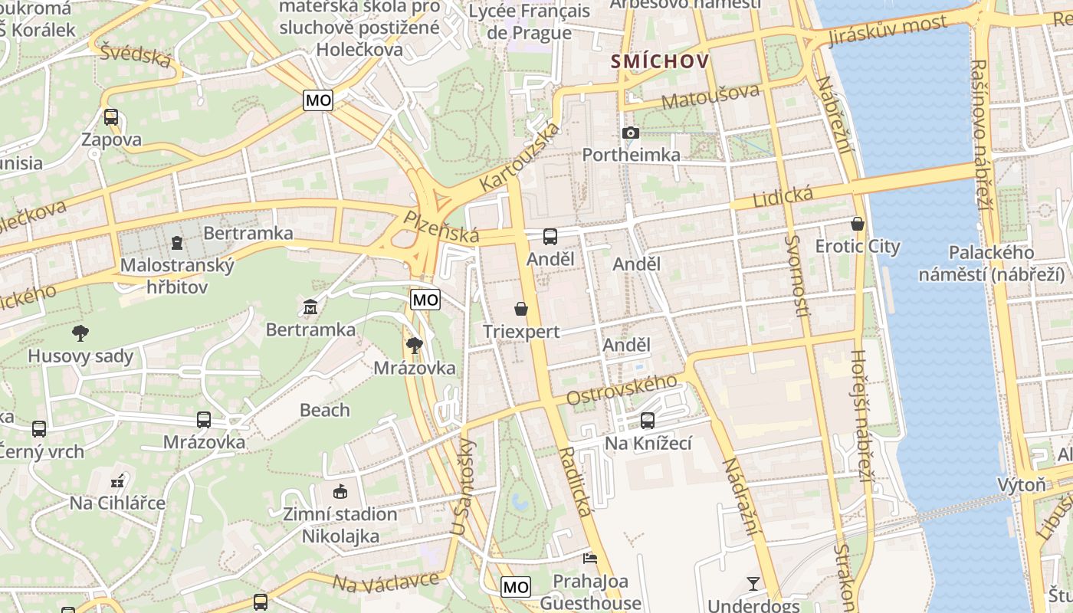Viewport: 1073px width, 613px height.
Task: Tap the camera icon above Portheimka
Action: (x=630, y=133)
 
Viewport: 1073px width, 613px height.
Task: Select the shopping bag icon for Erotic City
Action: (x=857, y=224)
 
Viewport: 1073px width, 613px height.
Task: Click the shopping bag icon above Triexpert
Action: (x=521, y=309)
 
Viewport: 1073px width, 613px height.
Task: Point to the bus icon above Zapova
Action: (x=111, y=117)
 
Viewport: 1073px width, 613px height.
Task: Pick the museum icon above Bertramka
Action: (x=310, y=307)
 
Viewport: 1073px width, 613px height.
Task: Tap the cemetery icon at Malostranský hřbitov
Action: (x=178, y=244)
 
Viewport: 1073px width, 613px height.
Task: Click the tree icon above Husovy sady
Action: (x=80, y=333)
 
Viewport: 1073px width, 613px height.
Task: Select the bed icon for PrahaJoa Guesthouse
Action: (x=589, y=558)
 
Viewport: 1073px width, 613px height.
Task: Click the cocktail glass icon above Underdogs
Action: (x=753, y=584)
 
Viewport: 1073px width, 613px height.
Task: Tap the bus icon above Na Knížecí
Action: (x=648, y=421)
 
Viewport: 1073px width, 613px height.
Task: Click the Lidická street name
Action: (x=783, y=196)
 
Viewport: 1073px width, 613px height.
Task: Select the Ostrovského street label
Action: (x=622, y=390)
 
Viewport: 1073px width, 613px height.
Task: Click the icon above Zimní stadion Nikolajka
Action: (x=340, y=491)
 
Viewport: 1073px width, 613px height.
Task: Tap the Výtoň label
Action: (x=1021, y=485)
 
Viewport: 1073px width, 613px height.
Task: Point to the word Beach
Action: (x=325, y=410)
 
